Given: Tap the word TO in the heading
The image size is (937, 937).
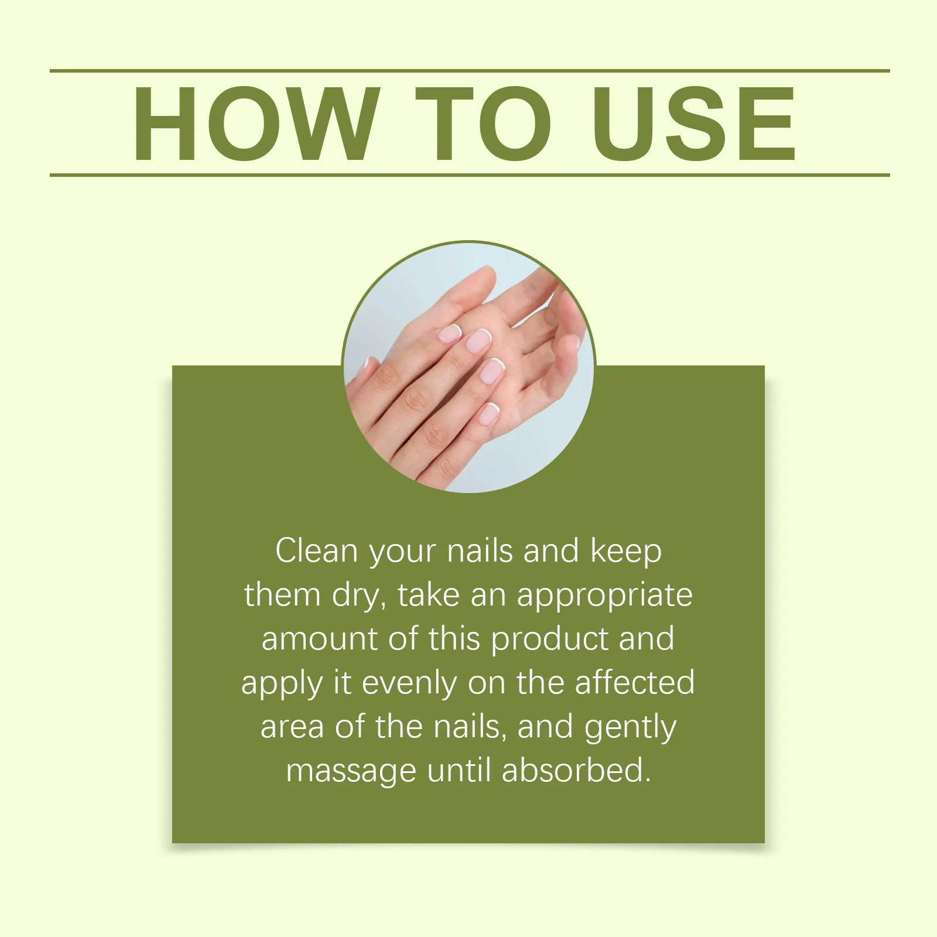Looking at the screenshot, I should [483, 124].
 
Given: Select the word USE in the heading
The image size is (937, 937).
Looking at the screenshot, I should [694, 124].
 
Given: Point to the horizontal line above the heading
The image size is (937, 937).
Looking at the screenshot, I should [468, 71].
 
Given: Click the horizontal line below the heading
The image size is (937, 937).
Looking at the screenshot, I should [468, 175].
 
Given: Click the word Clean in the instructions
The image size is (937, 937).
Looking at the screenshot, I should [317, 551].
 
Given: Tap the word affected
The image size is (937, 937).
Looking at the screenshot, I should [635, 683].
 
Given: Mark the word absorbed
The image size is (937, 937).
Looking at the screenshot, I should [576, 771].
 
